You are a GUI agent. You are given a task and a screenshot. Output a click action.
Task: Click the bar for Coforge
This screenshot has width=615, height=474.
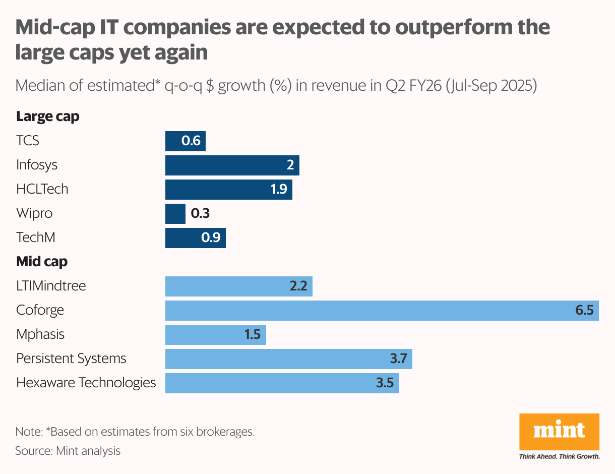[382, 310]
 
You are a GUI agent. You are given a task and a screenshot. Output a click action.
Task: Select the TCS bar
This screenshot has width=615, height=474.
[185, 141]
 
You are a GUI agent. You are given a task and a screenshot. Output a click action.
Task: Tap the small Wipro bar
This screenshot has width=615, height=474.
[175, 213]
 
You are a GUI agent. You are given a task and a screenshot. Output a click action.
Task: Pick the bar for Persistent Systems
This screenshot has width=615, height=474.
[288, 359]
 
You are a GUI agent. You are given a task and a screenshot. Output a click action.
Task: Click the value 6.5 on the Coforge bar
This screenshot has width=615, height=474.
[585, 310]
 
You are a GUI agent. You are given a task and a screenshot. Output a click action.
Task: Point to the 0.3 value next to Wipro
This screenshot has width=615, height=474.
[200, 213]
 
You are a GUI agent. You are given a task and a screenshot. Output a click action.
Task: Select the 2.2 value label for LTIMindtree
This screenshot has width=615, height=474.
[298, 286]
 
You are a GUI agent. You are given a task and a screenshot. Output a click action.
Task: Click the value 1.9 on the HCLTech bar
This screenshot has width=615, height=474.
[278, 189]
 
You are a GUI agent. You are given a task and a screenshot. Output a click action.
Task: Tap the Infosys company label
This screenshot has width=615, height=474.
[37, 165]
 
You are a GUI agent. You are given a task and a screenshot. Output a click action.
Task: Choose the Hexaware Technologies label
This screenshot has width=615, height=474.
[86, 383]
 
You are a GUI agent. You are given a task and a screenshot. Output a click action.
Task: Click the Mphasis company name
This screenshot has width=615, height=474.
[40, 334]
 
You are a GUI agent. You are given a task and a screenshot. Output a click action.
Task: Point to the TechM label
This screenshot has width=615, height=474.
[35, 238]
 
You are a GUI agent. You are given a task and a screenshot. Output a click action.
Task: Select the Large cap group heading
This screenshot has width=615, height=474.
[47, 116]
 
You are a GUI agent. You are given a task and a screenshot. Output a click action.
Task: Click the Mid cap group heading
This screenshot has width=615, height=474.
[42, 262]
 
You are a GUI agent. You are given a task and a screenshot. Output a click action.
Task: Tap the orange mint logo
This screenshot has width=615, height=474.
[559, 431]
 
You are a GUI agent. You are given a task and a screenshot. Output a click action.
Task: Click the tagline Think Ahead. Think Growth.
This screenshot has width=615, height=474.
[559, 456]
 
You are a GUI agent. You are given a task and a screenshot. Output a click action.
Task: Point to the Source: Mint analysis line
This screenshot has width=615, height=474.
[68, 450]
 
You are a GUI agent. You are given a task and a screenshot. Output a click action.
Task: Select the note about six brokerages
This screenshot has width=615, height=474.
[135, 432]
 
